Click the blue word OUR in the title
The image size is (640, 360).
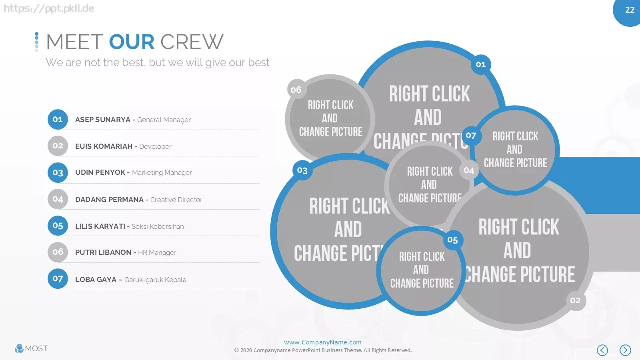click(x=132, y=42)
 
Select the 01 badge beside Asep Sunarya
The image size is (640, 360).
click(x=58, y=120)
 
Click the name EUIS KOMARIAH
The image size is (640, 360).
click(x=104, y=146)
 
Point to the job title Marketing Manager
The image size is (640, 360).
click(x=162, y=172)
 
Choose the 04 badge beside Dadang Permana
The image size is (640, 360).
click(x=58, y=199)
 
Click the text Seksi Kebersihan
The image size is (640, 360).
click(x=158, y=226)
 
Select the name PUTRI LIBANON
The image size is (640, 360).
click(x=103, y=252)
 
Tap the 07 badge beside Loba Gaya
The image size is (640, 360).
click(x=58, y=278)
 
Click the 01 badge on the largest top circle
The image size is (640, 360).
click(x=481, y=64)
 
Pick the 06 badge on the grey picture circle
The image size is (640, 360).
click(x=296, y=90)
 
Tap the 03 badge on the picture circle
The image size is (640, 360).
click(x=302, y=170)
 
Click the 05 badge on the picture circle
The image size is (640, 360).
click(x=453, y=240)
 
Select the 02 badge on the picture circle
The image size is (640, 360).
click(x=576, y=300)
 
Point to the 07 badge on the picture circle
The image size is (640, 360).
click(x=472, y=136)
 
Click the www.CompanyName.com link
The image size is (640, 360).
click(x=322, y=342)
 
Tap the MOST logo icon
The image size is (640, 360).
click(x=19, y=348)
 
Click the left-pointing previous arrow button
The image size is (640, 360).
click(x=602, y=350)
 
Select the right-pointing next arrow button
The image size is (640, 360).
click(x=625, y=350)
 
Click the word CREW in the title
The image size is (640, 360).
click(x=192, y=42)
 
